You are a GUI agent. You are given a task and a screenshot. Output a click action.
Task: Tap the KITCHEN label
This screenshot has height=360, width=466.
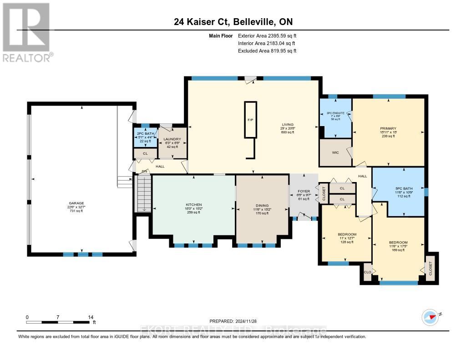[194, 205]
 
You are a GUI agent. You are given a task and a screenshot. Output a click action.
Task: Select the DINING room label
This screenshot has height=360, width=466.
[262, 205]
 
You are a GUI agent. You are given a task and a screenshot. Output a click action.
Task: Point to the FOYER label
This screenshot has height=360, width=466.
[304, 191]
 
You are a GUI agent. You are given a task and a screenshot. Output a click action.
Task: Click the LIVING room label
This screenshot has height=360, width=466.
[287, 124]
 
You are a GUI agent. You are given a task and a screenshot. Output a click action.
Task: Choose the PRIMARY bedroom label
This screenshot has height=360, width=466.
[388, 128]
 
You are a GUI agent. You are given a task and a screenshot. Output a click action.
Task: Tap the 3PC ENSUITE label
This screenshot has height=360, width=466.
[335, 112]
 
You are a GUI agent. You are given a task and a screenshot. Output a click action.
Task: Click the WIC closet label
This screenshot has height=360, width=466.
[335, 152]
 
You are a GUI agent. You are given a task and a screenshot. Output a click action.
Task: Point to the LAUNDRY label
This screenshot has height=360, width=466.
[172, 139]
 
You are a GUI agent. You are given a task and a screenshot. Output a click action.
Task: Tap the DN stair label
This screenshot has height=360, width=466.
[145, 171]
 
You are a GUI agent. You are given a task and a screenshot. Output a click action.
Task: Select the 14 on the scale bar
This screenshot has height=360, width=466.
[91, 317]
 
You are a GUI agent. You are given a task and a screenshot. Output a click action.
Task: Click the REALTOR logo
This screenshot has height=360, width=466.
[28, 32]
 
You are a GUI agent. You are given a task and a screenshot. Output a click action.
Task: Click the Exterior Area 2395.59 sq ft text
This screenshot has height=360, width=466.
[267, 35]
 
